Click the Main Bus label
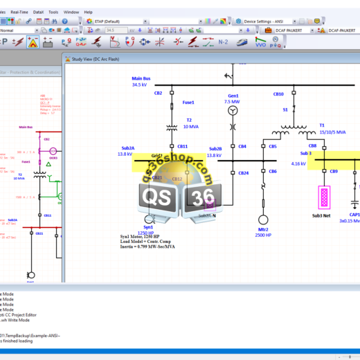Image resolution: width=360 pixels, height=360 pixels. [x=141, y=78]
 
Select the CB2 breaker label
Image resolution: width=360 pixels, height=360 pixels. [x=159, y=92]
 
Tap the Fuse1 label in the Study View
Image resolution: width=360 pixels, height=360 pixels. [x=188, y=102]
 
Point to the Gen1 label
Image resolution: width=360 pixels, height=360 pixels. [x=233, y=96]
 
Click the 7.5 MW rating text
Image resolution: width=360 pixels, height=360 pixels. [x=232, y=102]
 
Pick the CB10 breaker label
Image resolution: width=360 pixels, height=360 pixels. [x=278, y=93]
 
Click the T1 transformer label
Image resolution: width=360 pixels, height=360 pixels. [x=322, y=125]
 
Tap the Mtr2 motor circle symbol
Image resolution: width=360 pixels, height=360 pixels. [x=262, y=208]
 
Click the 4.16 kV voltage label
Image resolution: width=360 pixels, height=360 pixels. [x=298, y=164]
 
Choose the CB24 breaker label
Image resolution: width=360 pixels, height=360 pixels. [x=243, y=172]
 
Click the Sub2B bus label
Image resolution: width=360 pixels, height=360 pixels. [x=215, y=148]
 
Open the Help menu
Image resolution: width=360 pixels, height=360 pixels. [x=88, y=12]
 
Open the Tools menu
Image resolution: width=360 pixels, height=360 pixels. [x=53, y=12]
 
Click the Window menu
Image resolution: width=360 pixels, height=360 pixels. [x=71, y=12]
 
